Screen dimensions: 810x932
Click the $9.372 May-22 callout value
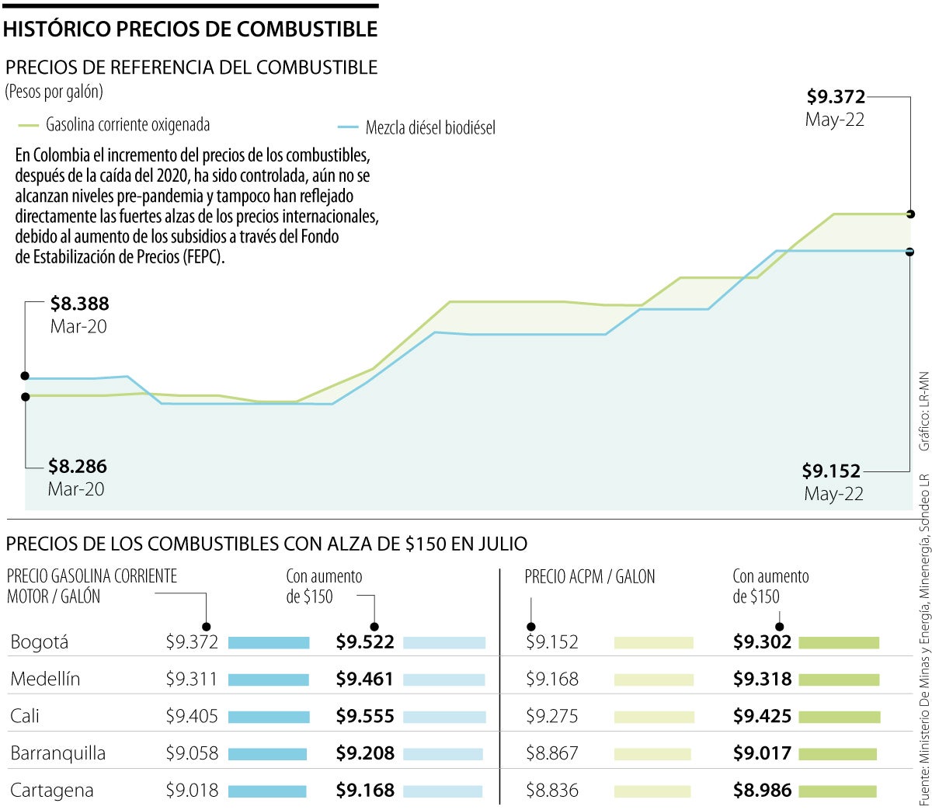click(836, 97)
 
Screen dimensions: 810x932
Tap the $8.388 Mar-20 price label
click(79, 304)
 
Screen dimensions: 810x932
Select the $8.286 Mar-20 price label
click(78, 467)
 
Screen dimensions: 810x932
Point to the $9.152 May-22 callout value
click(831, 471)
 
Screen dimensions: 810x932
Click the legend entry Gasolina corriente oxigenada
click(127, 125)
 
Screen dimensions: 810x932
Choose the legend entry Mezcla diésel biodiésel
click(429, 128)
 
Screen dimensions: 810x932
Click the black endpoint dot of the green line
click(909, 214)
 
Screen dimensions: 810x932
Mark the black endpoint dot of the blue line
click(909, 252)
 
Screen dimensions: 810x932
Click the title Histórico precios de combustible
click(190, 30)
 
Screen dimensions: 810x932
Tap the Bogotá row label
click(40, 642)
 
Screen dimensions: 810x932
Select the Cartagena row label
click(51, 791)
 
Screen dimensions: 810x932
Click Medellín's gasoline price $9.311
click(192, 680)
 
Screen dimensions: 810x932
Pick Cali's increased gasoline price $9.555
click(365, 717)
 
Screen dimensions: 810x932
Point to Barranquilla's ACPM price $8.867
click(552, 753)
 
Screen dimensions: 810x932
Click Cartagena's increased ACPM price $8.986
click(762, 791)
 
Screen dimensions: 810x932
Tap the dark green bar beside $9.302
click(839, 643)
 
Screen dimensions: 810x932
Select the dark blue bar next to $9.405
click(269, 717)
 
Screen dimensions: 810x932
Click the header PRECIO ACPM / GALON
click(589, 577)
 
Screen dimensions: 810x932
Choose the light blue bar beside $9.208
click(443, 754)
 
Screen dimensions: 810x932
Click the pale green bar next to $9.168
click(653, 680)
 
